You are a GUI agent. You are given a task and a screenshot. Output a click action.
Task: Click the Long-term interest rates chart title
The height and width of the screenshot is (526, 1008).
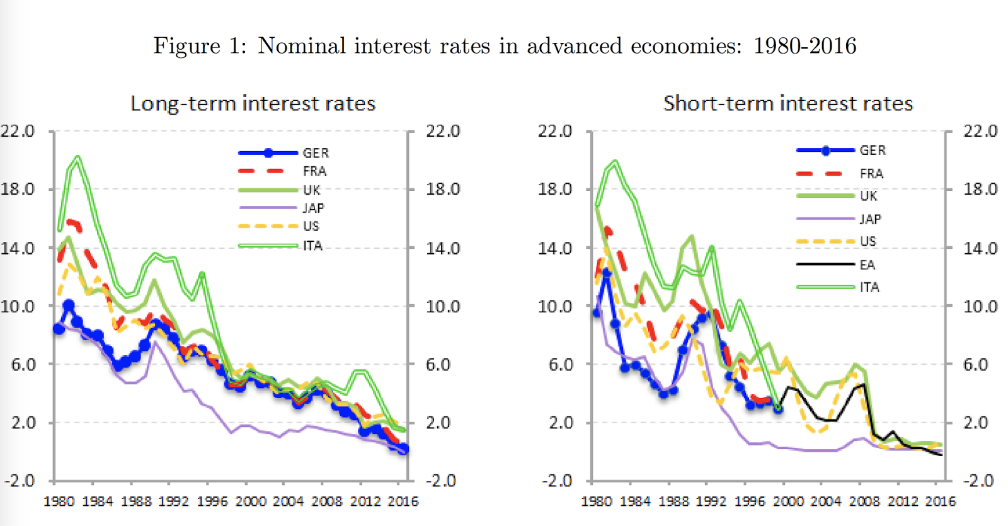(253, 103)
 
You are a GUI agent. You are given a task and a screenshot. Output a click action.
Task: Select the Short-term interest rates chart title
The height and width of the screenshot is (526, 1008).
(787, 103)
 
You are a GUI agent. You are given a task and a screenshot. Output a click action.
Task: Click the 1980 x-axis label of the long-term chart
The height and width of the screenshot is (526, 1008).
(59, 501)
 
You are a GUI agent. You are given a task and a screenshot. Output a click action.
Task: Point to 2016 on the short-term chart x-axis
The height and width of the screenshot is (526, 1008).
(940, 501)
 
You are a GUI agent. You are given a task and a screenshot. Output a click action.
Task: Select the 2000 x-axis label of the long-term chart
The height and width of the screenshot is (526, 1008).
(251, 501)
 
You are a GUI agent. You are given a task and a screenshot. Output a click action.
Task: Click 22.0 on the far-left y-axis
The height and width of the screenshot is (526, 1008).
(17, 131)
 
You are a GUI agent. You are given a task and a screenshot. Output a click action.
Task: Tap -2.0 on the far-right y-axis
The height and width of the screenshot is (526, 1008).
(978, 481)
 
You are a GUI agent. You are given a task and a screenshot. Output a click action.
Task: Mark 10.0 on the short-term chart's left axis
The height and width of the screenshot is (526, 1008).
(554, 306)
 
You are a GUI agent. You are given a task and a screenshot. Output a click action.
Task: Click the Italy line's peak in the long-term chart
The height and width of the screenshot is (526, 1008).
(77, 157)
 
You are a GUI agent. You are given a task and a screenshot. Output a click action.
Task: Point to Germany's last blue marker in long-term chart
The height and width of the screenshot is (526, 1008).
(403, 449)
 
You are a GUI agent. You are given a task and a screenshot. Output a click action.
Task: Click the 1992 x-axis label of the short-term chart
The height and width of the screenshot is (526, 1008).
(711, 501)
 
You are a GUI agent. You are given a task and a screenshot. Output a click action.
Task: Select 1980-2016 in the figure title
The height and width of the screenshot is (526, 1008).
(805, 46)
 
